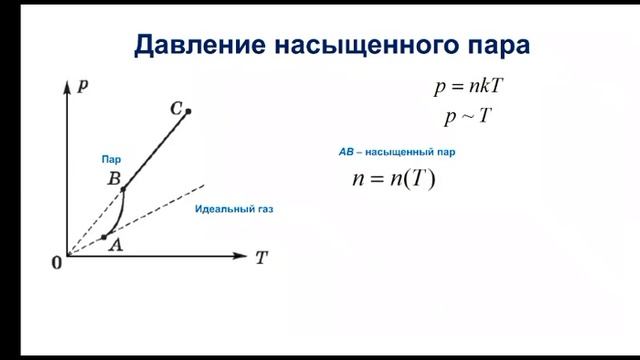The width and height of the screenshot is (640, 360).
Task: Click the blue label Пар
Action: coord(109,159)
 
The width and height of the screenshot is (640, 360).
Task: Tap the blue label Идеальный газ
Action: coord(234,211)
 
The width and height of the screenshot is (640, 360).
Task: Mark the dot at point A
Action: coord(105,237)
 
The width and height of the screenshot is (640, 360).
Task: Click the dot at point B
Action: coord(123,189)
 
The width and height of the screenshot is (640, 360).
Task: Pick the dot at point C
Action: coord(188,110)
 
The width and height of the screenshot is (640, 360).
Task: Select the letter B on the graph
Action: coord(114,179)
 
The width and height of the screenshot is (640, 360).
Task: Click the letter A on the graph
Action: coord(116,247)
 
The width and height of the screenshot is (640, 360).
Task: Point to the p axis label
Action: coord(82,87)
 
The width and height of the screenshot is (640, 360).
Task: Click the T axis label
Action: coord(261,257)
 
